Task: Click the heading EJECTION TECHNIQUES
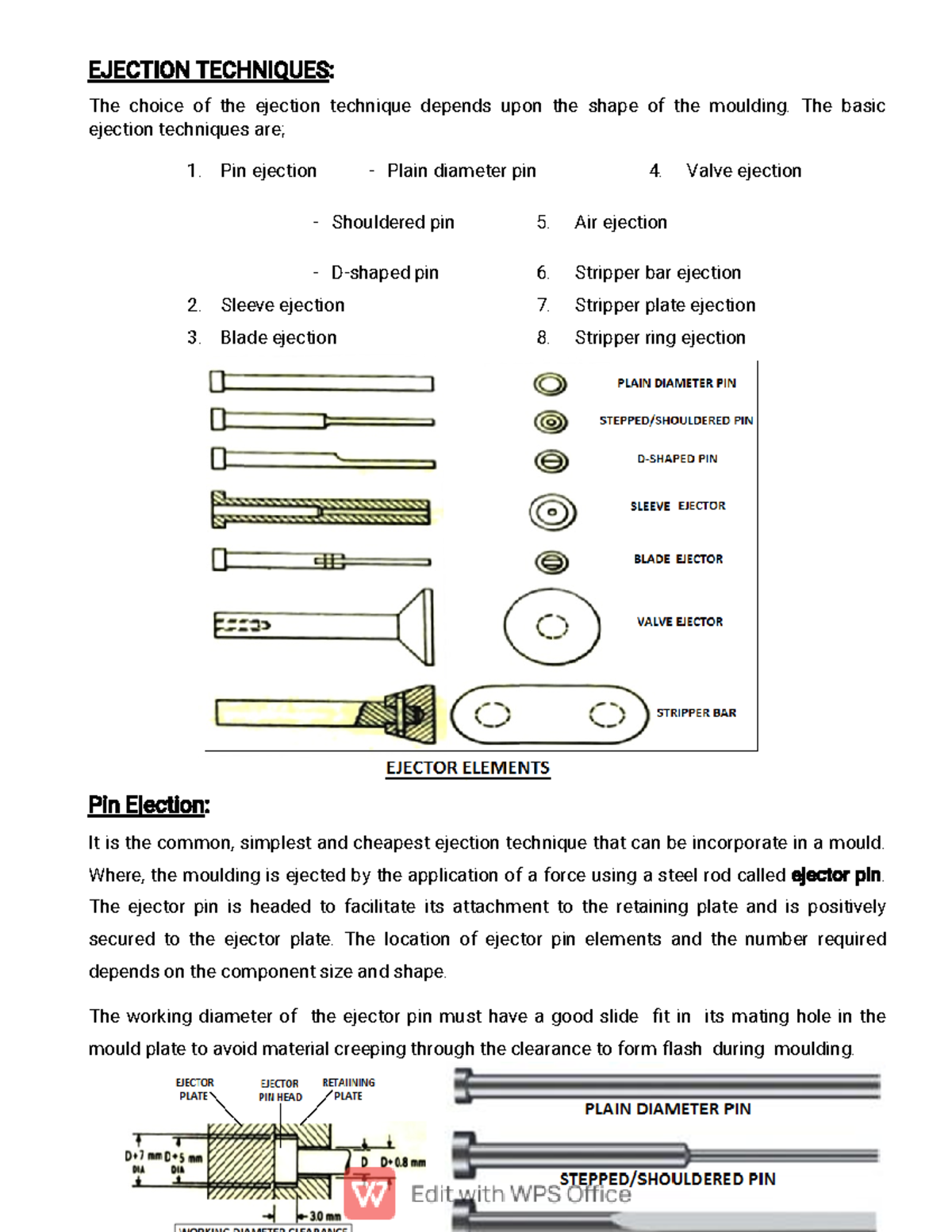(211, 71)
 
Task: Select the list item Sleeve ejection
(282, 305)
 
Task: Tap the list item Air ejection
(620, 223)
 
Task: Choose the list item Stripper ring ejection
(660, 338)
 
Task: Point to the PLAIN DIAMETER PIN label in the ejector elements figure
(676, 383)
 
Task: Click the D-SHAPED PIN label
(677, 459)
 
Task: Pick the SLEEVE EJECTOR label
(678, 506)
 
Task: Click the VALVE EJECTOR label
(679, 622)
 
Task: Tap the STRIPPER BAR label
(696, 713)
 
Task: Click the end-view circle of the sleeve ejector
(552, 512)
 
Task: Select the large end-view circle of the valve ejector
(552, 627)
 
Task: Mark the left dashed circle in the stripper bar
(492, 715)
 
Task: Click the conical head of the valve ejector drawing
(417, 627)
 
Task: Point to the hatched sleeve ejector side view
(321, 509)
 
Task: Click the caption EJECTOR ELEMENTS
(467, 768)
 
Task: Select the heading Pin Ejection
(148, 805)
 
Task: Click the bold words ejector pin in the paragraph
(836, 875)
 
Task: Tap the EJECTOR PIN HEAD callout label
(280, 1090)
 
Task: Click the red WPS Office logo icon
(370, 1194)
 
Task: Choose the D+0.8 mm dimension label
(403, 1162)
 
